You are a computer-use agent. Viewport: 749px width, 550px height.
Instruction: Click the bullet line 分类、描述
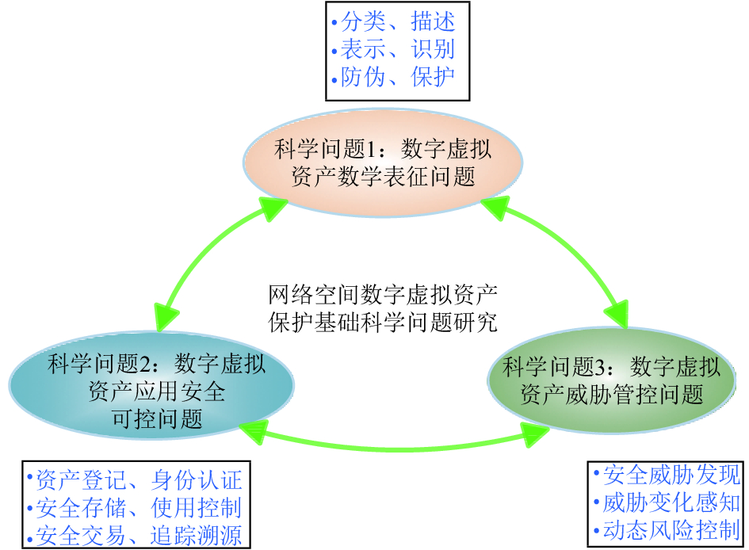(x=397, y=22)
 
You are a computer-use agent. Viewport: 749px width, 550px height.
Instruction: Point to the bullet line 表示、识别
(x=397, y=49)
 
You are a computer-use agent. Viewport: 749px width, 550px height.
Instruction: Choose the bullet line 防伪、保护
(x=397, y=77)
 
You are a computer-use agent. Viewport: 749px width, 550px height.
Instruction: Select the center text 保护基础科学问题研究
(x=382, y=322)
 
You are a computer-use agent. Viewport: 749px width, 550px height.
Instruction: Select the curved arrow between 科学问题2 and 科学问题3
(x=396, y=449)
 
